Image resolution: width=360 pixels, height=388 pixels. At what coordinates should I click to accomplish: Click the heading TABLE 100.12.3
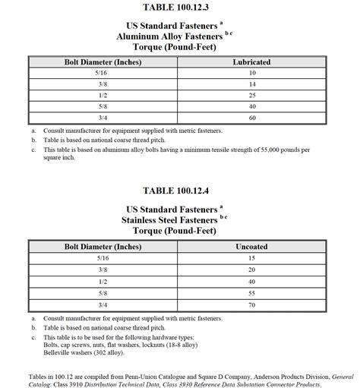tap(179, 8)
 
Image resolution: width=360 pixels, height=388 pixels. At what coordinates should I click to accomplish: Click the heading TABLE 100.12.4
tap(179, 190)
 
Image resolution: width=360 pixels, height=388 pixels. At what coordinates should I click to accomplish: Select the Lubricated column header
tap(251, 62)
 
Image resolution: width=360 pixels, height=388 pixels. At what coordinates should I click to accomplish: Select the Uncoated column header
tap(251, 246)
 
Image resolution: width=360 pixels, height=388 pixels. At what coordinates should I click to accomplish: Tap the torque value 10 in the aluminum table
tap(251, 74)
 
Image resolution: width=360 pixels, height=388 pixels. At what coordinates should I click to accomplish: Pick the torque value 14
tap(251, 85)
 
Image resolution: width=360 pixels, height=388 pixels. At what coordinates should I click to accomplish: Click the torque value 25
tap(251, 96)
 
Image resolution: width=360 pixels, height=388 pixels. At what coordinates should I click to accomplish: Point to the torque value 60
tap(251, 119)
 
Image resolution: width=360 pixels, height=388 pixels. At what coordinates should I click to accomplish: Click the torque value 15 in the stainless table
tap(251, 257)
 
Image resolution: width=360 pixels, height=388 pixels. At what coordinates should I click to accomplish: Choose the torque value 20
tap(251, 270)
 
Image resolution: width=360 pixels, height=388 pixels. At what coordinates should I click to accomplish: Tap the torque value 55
tap(251, 292)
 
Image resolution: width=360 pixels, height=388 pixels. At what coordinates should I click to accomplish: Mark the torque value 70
tap(251, 304)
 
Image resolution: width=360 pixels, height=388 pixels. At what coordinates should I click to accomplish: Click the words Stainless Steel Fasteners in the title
tap(169, 219)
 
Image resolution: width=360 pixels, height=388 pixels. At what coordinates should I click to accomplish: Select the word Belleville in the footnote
tap(60, 354)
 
